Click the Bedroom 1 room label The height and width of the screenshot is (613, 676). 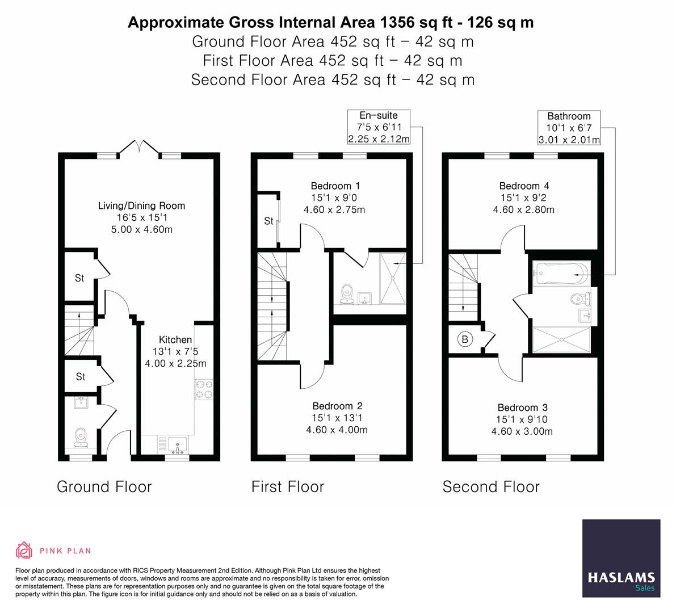point(335,186)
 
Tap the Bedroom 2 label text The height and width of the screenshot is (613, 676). point(337,406)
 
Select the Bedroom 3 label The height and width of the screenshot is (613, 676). point(522,408)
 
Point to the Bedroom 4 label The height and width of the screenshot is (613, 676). point(524,186)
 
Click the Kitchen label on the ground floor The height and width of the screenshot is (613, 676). point(175,339)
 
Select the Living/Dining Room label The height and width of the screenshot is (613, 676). point(141,205)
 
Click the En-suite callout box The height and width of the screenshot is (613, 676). point(379,127)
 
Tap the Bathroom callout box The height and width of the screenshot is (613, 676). point(569,128)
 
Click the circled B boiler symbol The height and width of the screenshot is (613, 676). point(465,340)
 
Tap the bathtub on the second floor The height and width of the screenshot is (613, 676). point(561,274)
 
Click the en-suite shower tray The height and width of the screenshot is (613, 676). point(392,278)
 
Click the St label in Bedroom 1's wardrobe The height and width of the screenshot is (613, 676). point(268,221)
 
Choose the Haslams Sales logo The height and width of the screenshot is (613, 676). point(621,558)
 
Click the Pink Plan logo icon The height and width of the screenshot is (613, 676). point(24,550)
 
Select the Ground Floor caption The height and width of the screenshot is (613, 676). point(104,486)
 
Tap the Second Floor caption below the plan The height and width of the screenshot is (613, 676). point(490,486)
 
